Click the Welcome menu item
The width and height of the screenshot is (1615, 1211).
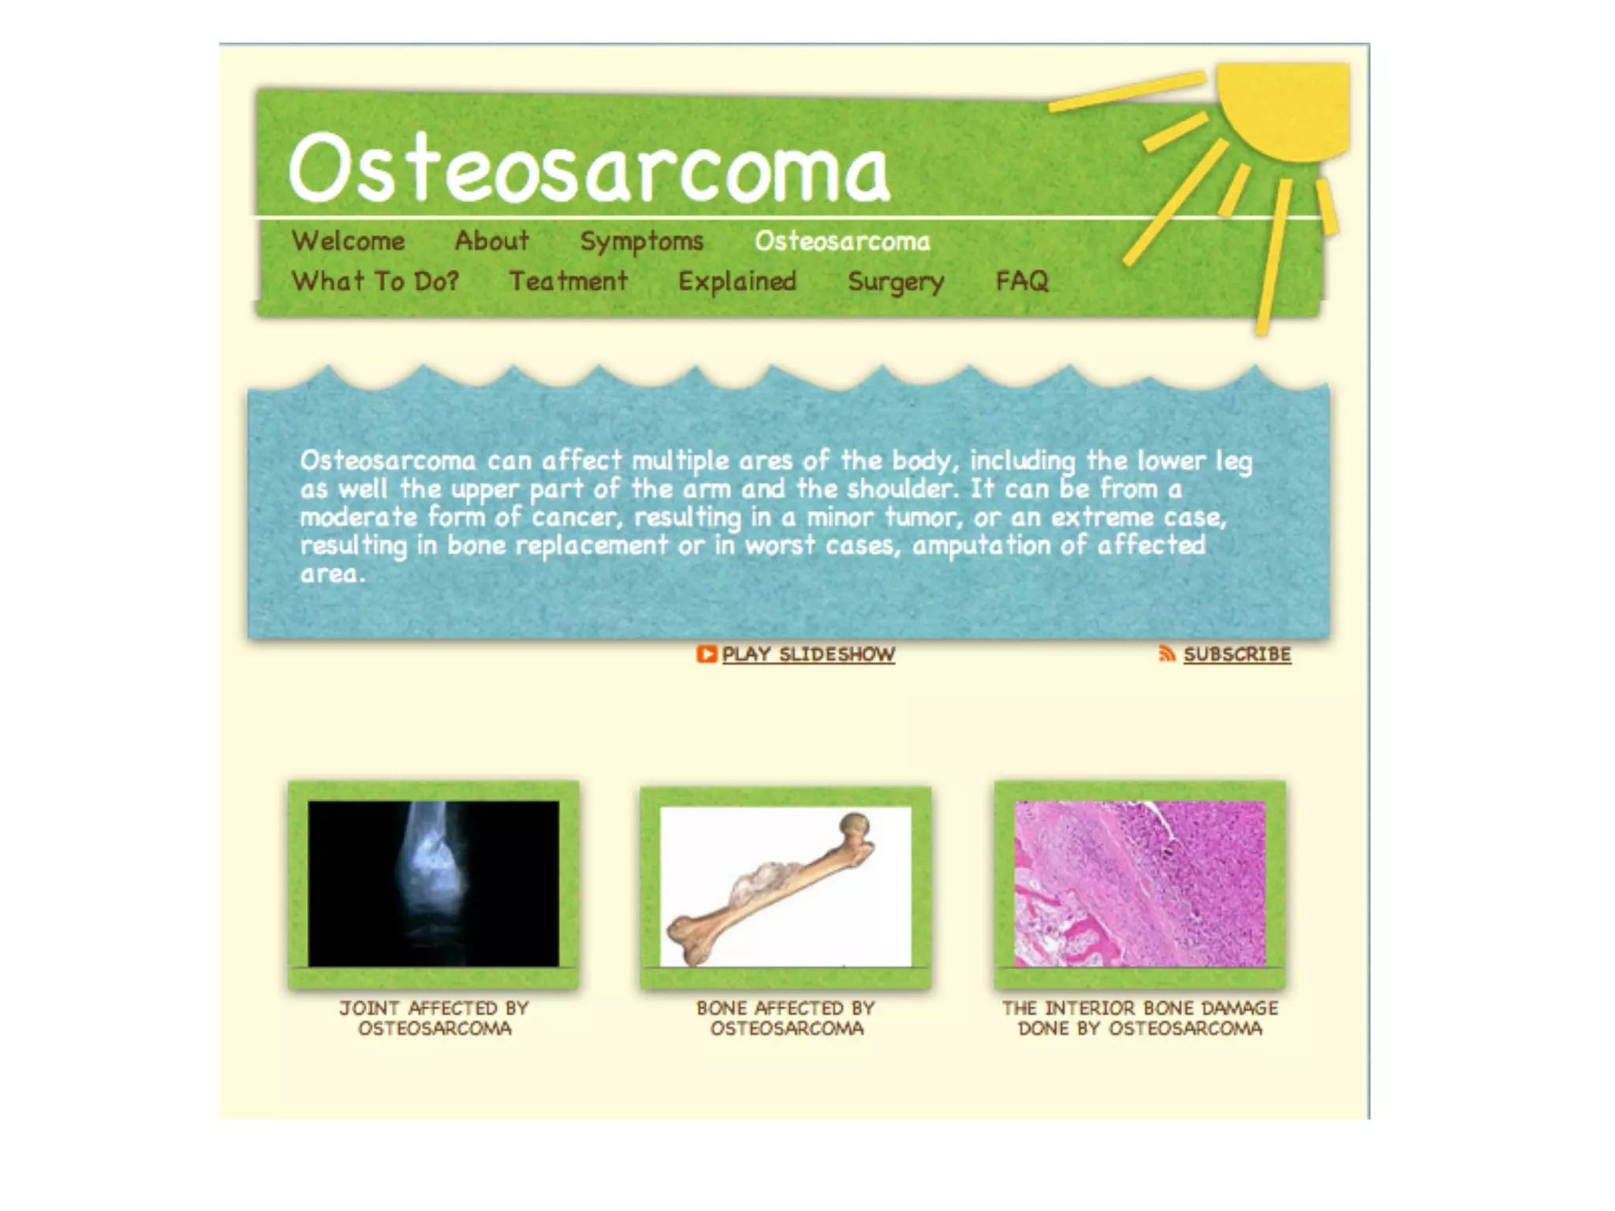coord(348,241)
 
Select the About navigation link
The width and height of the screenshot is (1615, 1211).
coord(491,240)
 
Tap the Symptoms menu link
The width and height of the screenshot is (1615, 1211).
coord(641,241)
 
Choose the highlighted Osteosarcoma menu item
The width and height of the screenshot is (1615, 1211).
coord(842,241)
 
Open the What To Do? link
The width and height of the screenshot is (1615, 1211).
coord(375,281)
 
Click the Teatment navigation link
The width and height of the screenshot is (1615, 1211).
coord(568,281)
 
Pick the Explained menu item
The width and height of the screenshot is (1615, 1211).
coord(737,281)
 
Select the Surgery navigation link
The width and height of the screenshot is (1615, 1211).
coord(896,281)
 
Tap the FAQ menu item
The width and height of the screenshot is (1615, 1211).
coord(1022,281)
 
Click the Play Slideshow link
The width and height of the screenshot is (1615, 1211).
coord(808,654)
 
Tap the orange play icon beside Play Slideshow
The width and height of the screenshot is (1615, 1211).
coord(706,654)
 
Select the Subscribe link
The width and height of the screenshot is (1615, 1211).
coord(1236,654)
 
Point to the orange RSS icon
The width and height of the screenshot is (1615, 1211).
coord(1166,654)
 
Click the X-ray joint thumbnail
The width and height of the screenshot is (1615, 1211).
coord(433,883)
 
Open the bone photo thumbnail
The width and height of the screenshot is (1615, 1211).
coord(785,886)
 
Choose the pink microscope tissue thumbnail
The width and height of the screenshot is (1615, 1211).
coord(1139,883)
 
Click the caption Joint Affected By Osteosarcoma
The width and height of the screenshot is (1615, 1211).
coord(435,1018)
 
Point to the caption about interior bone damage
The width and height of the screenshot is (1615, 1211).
coord(1139,1018)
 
